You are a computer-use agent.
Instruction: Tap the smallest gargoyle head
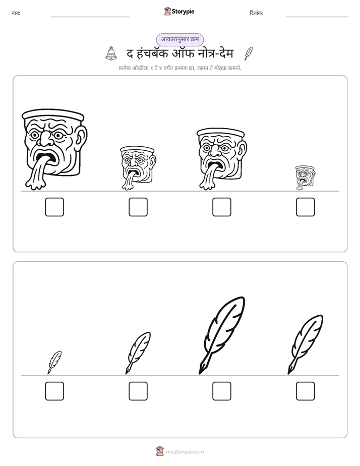[305, 178]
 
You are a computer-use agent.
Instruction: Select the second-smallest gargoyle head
[138, 167]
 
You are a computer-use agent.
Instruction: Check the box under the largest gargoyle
[54, 207]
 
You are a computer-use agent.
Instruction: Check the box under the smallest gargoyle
[306, 207]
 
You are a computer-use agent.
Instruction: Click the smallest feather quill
[54, 362]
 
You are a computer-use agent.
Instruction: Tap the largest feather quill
[221, 335]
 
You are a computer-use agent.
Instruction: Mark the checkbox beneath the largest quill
[222, 391]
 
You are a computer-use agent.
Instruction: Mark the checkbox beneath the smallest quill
[54, 391]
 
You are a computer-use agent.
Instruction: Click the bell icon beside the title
[111, 53]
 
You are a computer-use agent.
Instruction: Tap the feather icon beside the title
[249, 53]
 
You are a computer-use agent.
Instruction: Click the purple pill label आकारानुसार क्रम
[180, 39]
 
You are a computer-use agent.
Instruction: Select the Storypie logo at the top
[179, 11]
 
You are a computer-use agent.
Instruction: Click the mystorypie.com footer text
[185, 452]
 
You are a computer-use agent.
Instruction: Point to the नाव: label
[16, 13]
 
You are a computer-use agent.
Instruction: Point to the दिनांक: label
[257, 13]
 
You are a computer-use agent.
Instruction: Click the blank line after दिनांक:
[317, 17]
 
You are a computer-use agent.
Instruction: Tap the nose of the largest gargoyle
[45, 138]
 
